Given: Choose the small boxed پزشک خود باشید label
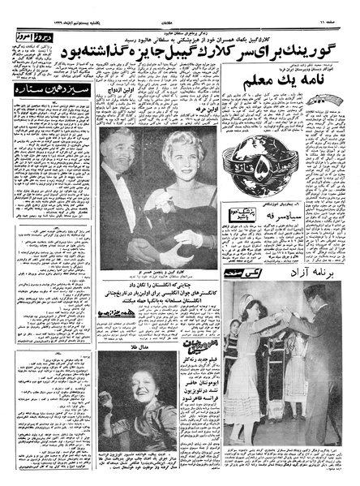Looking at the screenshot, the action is [210, 239].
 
